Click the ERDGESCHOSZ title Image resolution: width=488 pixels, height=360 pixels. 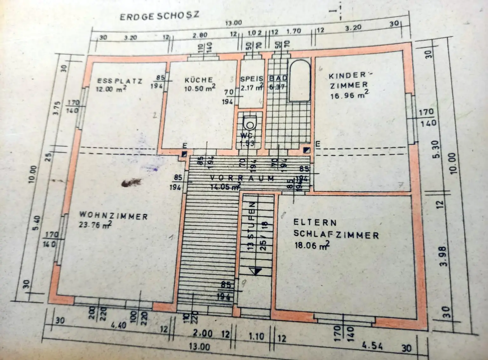[159, 16]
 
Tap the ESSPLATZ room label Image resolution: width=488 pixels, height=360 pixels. [120, 81]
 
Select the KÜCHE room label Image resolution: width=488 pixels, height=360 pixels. [199, 80]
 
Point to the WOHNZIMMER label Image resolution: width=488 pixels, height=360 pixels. [113, 216]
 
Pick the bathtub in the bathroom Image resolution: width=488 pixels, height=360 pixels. [299, 81]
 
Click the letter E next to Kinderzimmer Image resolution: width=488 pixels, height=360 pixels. [317, 144]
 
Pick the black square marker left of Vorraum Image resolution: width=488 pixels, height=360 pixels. [184, 154]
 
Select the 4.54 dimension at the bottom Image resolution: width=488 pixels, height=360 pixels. [372, 345]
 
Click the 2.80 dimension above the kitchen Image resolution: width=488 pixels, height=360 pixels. [200, 35]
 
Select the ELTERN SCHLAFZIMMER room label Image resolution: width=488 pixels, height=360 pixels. [336, 229]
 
